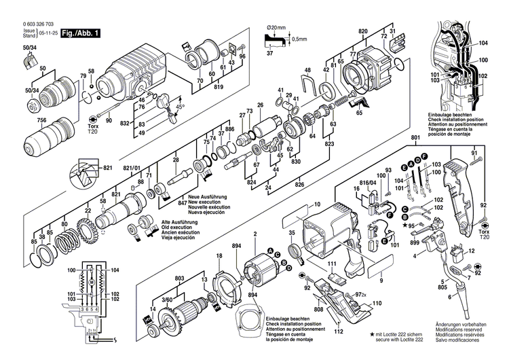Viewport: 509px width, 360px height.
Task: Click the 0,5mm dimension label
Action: coord(298,39)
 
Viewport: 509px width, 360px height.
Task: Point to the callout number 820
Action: coord(363,32)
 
